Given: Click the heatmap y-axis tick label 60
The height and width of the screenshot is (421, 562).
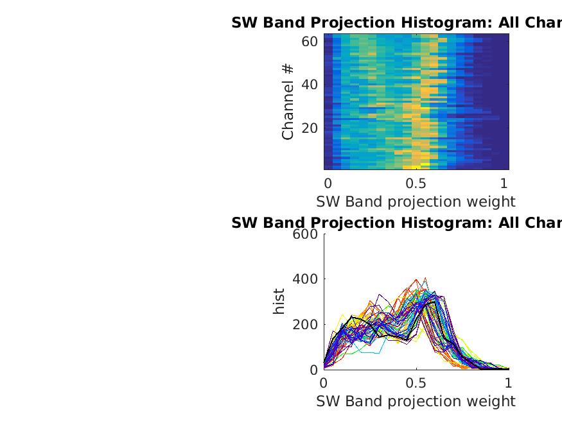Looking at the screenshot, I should pyautogui.click(x=310, y=42).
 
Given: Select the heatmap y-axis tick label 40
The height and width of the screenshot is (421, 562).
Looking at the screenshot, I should pyautogui.click(x=310, y=85).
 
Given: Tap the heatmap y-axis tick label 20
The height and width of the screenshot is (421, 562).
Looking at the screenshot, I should pyautogui.click(x=310, y=128).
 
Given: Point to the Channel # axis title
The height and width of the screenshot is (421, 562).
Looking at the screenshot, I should pyautogui.click(x=288, y=101).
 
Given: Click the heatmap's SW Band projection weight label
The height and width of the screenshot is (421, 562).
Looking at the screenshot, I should pyautogui.click(x=416, y=202).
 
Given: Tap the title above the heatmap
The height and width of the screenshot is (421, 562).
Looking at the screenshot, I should pyautogui.click(x=396, y=23).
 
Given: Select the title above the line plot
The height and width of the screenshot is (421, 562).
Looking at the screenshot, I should pyautogui.click(x=396, y=223).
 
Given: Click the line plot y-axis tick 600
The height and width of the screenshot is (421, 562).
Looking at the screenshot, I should pyautogui.click(x=305, y=234).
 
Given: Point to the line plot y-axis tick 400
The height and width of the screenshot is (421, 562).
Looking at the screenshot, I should pyautogui.click(x=305, y=279).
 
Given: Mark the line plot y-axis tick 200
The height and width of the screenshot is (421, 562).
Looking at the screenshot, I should pyautogui.click(x=305, y=325).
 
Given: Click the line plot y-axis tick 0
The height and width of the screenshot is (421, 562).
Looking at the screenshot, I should pyautogui.click(x=313, y=370).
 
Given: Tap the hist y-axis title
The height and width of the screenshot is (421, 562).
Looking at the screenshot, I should pyautogui.click(x=279, y=302).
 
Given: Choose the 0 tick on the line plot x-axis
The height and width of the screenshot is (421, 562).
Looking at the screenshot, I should pyautogui.click(x=324, y=382).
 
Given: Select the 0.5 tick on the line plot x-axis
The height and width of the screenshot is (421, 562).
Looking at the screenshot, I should pyautogui.click(x=416, y=382).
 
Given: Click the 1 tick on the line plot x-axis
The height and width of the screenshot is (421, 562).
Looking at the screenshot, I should pyautogui.click(x=509, y=382).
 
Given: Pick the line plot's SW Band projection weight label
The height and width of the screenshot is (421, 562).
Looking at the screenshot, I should pyautogui.click(x=416, y=401).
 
